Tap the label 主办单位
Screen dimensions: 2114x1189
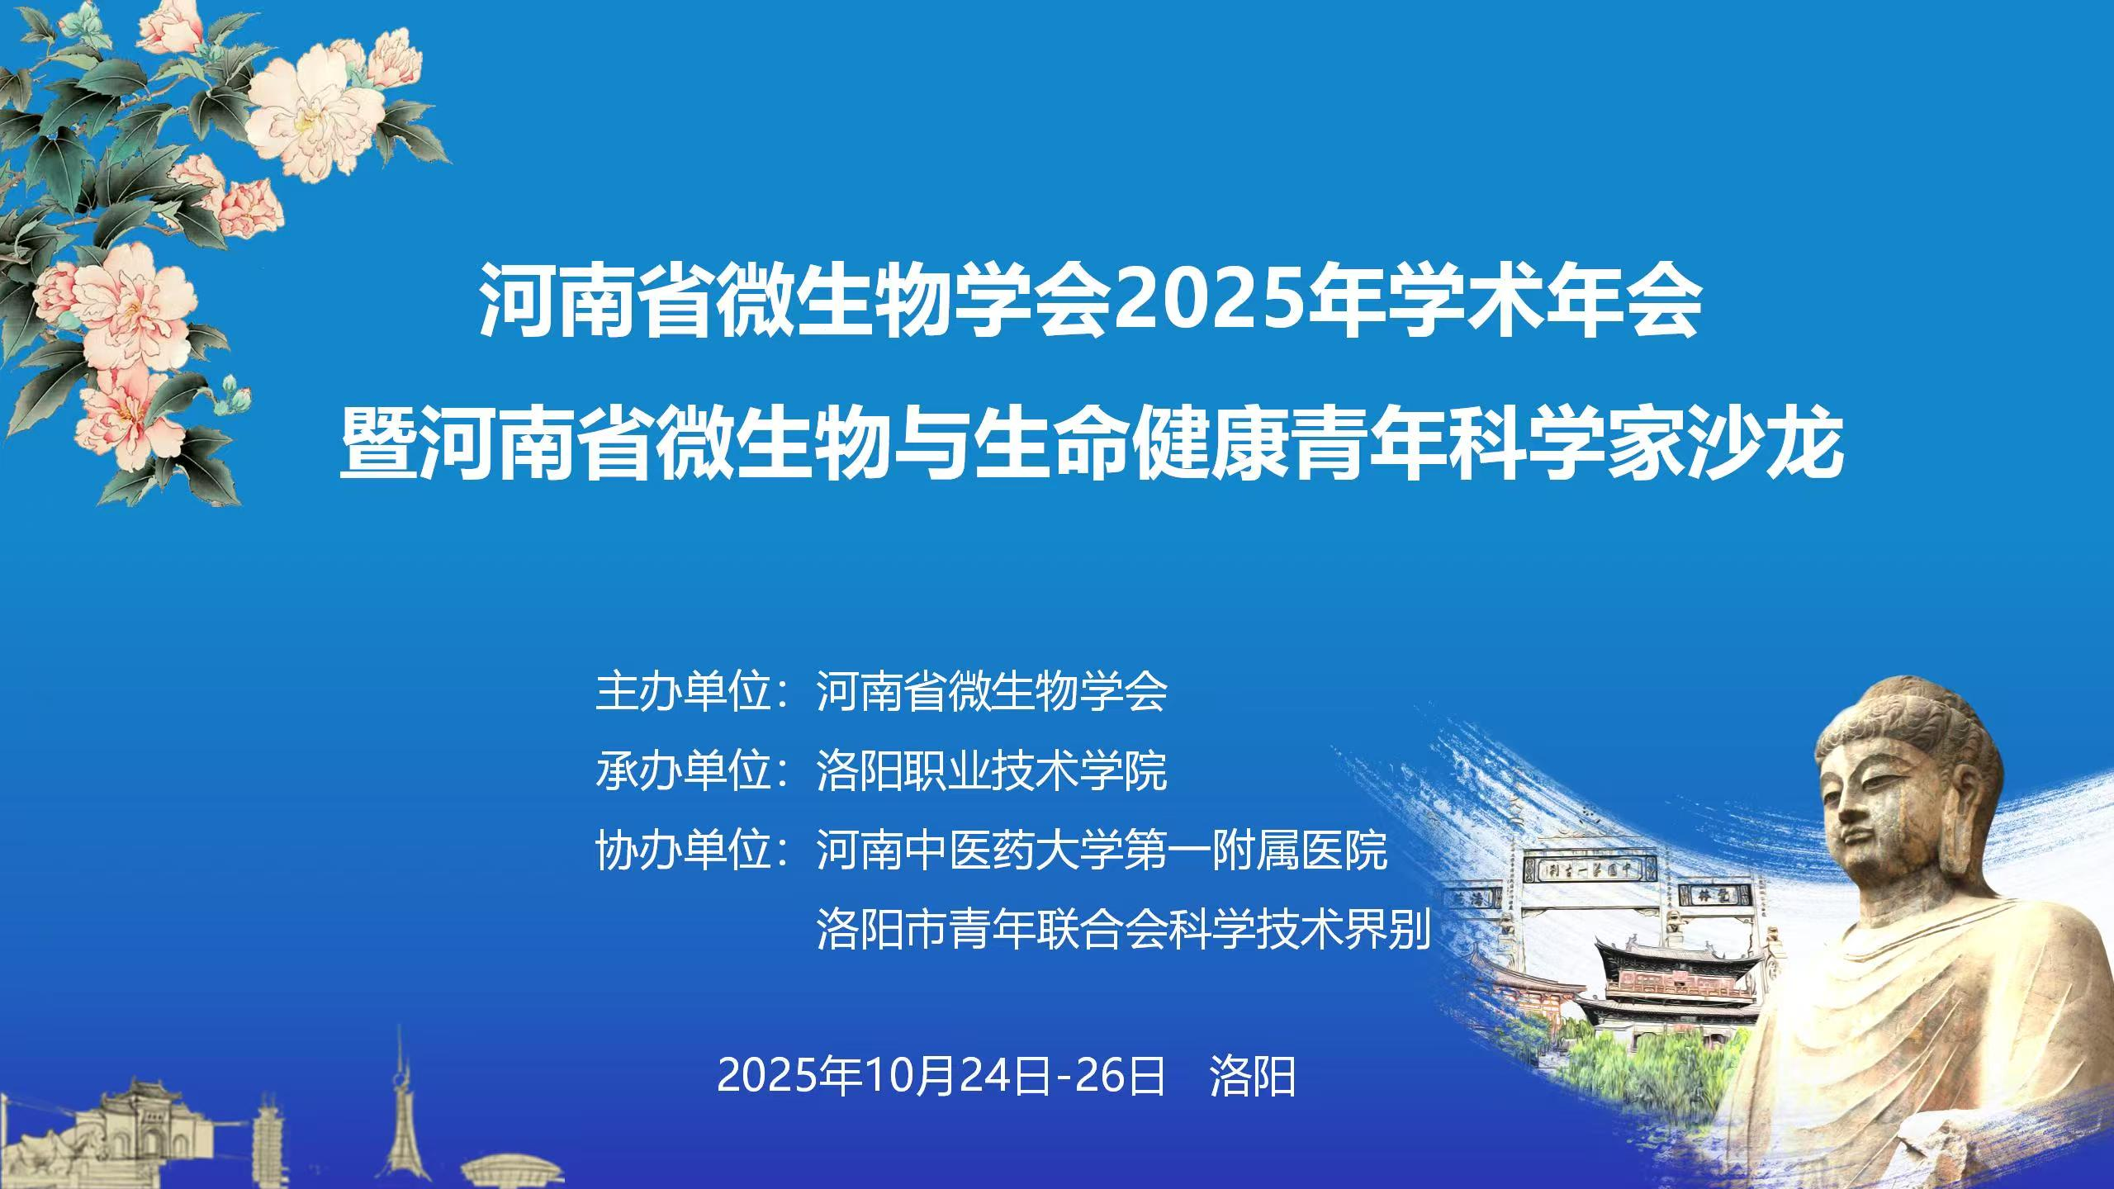(x=683, y=691)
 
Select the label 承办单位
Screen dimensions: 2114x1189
(x=683, y=770)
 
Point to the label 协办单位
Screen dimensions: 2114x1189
(x=683, y=850)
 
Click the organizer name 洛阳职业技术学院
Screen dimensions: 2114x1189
(x=992, y=770)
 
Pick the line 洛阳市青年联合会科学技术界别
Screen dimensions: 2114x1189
(x=1124, y=929)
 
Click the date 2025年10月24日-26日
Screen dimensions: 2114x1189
(x=941, y=1076)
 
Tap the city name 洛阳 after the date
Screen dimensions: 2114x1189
(x=1253, y=1076)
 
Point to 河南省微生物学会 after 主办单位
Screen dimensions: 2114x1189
(x=992, y=691)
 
